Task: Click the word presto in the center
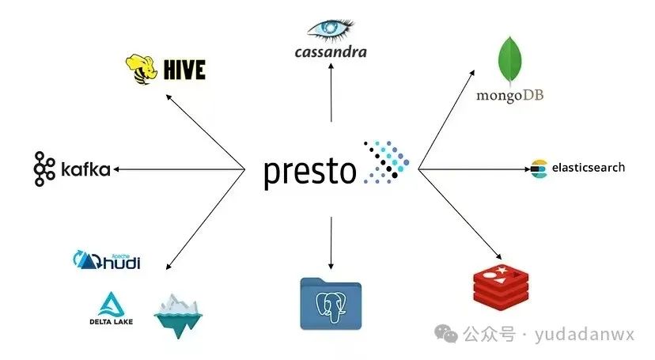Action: point(309,170)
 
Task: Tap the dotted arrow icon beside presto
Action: point(386,162)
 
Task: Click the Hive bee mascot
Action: point(142,69)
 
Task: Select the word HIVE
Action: point(185,70)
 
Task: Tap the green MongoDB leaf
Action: point(510,63)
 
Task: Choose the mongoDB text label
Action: point(510,96)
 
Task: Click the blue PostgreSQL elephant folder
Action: point(330,302)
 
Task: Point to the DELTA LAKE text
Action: point(111,321)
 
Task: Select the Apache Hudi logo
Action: point(107,260)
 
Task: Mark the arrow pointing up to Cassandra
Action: point(331,93)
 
